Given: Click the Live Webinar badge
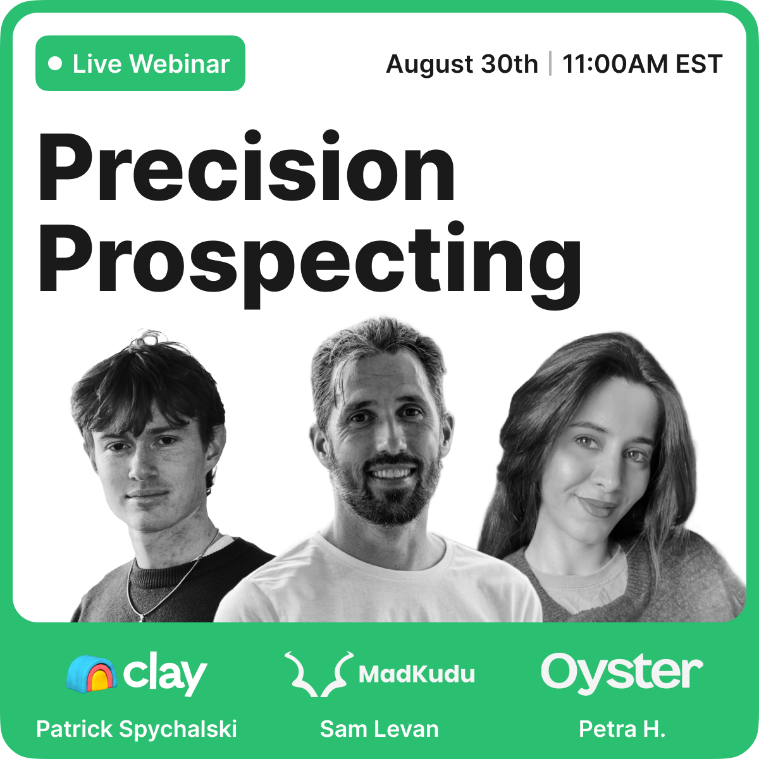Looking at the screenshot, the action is point(140,63).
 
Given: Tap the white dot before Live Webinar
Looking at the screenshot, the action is point(55,64).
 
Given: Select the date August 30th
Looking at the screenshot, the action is point(462,64).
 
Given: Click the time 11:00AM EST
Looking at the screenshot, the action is point(643,64).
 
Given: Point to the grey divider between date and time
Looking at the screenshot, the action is point(550,63).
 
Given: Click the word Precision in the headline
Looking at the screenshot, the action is point(247,166).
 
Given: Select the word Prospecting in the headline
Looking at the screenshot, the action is point(310,264).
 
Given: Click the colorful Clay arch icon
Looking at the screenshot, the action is point(91,674).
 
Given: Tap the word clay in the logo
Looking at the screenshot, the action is point(165,674).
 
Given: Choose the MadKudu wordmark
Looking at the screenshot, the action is point(417,674).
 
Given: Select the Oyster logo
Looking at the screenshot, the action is point(622,673).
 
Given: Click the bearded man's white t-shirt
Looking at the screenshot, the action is point(378,583).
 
